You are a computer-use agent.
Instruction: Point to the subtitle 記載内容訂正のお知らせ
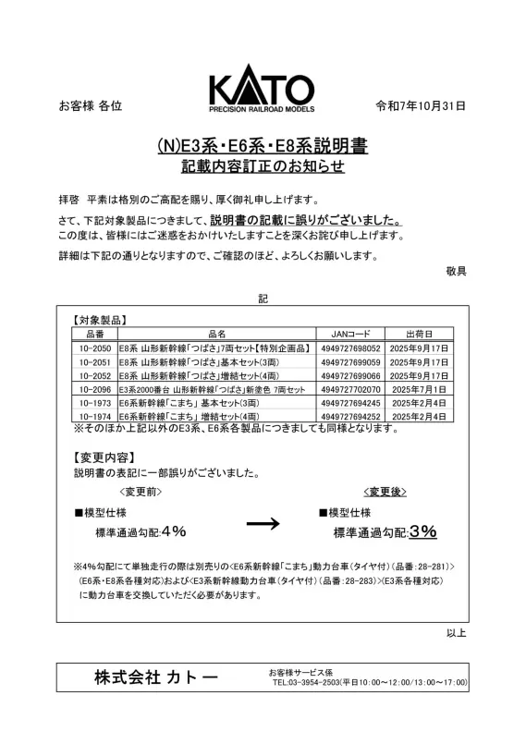pyautogui.click(x=263, y=167)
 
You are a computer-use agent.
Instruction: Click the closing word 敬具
pyautogui.click(x=456, y=271)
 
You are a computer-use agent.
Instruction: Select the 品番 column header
pyautogui.click(x=95, y=334)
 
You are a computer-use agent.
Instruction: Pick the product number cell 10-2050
pyautogui.click(x=95, y=348)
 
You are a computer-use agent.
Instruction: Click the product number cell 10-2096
pyautogui.click(x=95, y=390)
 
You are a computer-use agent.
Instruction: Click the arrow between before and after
pyautogui.click(x=263, y=523)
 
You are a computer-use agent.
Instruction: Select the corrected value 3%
pyautogui.click(x=422, y=531)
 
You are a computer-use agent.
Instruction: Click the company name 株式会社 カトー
pyautogui.click(x=156, y=677)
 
